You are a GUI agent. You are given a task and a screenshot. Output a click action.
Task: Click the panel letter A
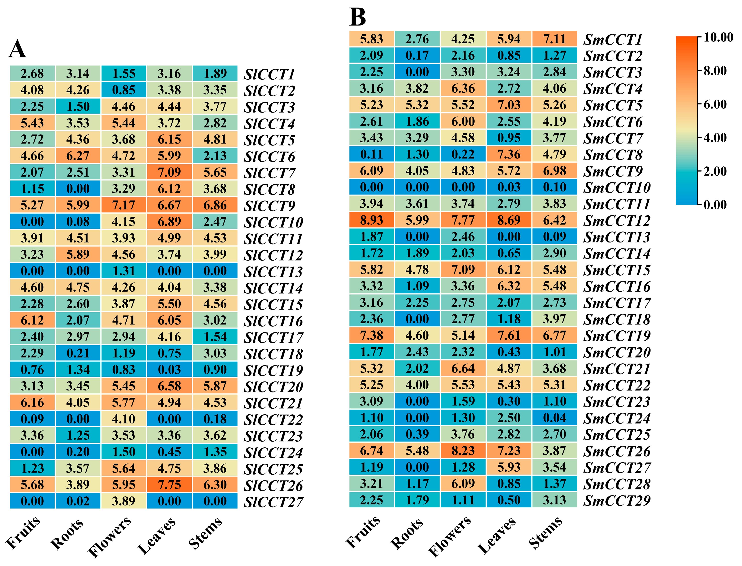17,49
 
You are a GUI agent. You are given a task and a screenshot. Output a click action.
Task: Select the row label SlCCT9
269,206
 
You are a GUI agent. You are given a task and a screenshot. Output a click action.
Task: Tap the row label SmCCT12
617,221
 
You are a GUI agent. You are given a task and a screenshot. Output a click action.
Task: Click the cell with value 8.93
372,220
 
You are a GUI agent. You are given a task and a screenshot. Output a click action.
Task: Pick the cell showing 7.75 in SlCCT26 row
169,484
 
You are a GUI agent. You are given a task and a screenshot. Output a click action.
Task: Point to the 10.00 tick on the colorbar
718,37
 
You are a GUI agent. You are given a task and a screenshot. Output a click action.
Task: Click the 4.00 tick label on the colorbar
715,138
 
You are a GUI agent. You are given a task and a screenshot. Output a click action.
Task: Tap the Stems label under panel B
545,532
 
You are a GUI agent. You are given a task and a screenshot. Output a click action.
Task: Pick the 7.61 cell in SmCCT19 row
509,335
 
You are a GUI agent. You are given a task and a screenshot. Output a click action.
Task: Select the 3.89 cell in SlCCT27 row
124,501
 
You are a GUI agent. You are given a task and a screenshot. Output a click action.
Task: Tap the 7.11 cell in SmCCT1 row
555,39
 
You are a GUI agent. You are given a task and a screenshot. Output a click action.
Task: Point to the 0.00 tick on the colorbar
715,205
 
